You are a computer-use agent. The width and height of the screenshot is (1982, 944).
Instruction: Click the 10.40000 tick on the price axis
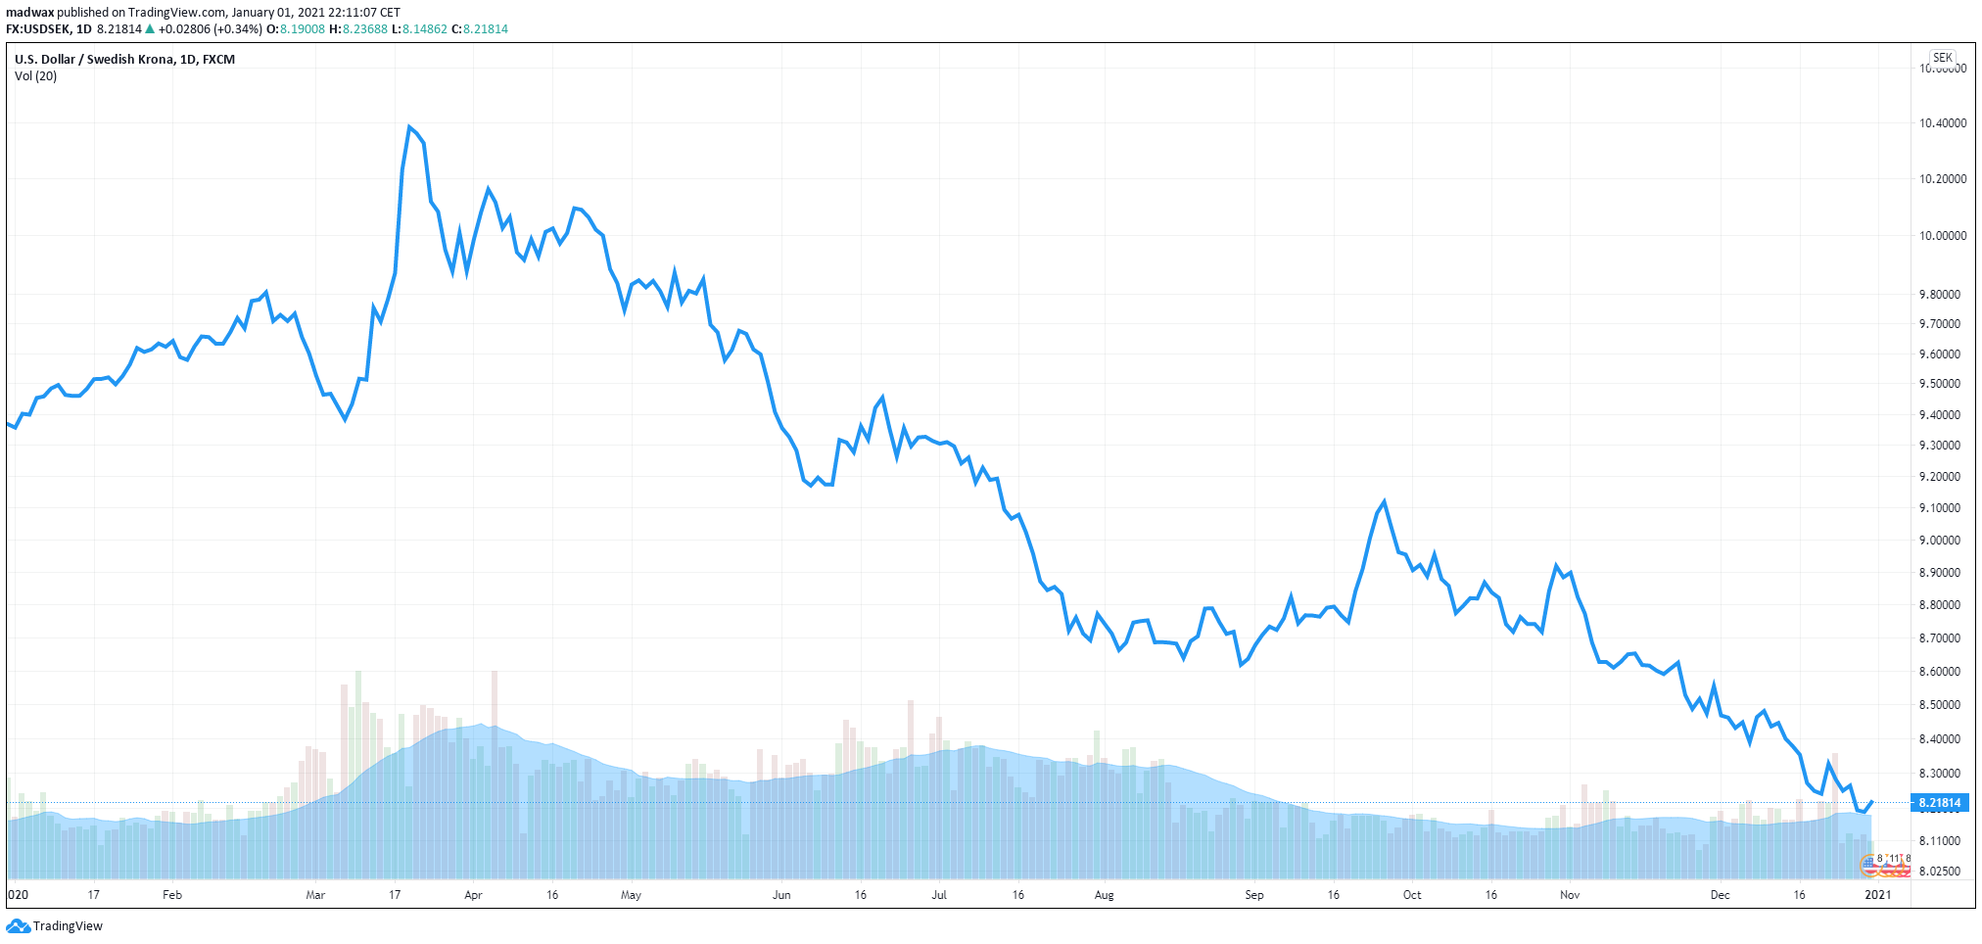1943,123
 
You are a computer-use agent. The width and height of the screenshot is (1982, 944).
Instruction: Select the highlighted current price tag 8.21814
1940,803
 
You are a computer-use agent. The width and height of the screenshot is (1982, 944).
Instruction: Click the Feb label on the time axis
172,895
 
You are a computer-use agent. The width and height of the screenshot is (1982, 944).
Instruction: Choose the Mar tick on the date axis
315,895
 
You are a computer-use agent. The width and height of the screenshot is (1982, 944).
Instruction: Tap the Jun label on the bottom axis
781,895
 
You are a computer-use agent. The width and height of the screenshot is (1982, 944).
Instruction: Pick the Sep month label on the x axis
1254,895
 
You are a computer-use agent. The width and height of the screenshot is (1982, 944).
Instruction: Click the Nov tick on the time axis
1570,895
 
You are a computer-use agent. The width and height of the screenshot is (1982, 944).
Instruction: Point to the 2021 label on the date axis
1877,895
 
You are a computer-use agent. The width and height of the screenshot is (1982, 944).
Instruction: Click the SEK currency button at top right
1943,58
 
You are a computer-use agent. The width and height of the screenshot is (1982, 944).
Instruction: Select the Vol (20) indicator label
36,76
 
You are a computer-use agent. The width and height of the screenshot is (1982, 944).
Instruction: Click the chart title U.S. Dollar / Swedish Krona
124,60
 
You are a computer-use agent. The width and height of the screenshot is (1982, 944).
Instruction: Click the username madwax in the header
29,13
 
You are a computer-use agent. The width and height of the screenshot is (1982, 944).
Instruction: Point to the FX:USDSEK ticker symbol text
38,29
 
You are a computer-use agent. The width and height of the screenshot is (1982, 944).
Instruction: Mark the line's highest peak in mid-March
409,127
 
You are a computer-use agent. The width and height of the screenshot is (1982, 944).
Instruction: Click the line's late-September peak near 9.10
1384,501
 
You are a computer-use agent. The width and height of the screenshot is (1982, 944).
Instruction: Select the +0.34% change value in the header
240,29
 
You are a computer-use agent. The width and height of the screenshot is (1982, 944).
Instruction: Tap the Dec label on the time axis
1721,895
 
